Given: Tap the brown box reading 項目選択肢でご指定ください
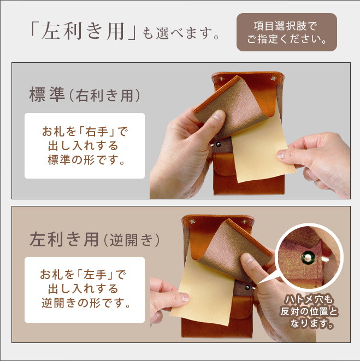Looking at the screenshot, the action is (287, 32).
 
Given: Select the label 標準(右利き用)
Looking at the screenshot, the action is (85, 95).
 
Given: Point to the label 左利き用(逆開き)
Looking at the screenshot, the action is (95, 240).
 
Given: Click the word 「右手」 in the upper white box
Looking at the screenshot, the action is (97, 132).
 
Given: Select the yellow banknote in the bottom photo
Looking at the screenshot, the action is (203, 290).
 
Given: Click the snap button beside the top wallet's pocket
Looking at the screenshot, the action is (217, 145).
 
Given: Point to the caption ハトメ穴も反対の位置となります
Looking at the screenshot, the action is (309, 312).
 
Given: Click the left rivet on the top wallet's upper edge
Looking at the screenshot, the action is (222, 79).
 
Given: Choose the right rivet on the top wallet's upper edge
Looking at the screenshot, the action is (273, 79).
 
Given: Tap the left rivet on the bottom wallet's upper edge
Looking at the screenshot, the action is (192, 222).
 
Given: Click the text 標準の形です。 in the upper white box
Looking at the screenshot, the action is (86, 159).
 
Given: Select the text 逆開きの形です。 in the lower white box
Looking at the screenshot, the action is (86, 303).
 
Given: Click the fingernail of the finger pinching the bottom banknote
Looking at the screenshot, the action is (185, 297).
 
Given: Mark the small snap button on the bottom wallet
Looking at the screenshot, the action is (247, 287).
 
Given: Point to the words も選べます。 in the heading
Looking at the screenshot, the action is (181, 34).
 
